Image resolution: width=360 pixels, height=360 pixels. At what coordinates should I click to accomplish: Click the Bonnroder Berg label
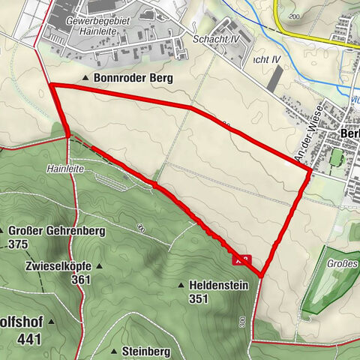pos(133,78)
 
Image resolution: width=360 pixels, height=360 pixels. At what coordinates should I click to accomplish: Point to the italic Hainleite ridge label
pos(63,170)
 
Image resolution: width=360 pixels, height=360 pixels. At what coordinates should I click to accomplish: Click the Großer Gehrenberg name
pos(49,231)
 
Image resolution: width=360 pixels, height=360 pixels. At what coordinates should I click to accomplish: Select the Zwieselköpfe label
pos(56,266)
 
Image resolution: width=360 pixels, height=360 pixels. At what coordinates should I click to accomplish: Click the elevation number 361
pos(81,280)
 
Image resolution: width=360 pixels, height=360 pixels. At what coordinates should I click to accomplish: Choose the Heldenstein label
pos(217,285)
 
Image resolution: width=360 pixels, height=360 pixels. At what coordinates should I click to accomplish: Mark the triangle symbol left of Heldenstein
pos(181,285)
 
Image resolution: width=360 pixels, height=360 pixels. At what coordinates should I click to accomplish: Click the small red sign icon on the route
pos(241,260)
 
